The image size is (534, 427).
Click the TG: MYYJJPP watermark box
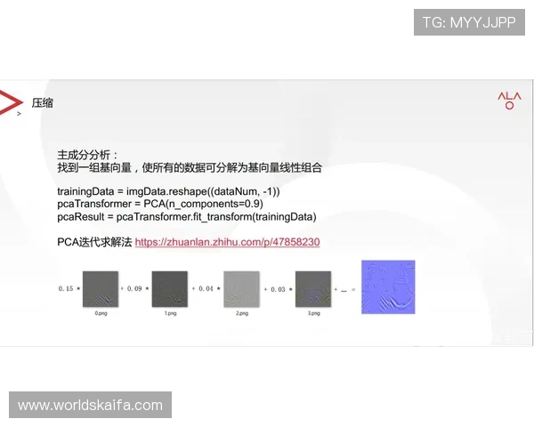click(468, 22)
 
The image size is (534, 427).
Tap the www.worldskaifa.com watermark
click(91, 406)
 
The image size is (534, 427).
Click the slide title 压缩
click(43, 103)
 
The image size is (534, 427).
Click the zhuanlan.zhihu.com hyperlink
click(227, 242)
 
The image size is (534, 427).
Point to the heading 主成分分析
click(86, 154)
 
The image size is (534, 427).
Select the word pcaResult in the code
click(82, 217)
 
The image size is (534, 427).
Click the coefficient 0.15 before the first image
click(68, 289)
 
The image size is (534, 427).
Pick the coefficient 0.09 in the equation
click(137, 289)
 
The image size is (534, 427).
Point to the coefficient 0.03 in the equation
click(279, 289)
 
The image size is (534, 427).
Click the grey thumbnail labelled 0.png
click(100, 288)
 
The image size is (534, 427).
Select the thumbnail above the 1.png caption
click(170, 288)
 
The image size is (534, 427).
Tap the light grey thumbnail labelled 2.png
click(242, 288)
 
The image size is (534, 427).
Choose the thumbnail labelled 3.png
click(312, 288)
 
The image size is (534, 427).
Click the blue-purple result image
click(388, 286)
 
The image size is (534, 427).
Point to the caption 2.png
click(242, 314)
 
